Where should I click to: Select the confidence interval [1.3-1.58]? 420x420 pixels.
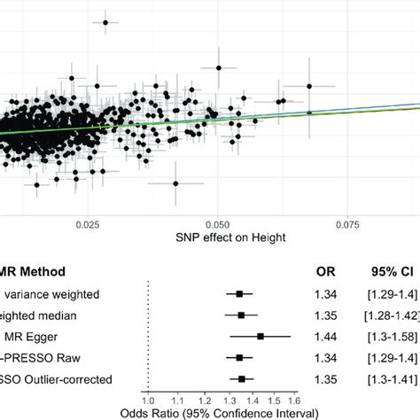387,337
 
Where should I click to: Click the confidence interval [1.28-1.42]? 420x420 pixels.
387,315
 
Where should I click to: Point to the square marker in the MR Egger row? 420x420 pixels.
261,337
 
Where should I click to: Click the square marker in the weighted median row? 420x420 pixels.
241,315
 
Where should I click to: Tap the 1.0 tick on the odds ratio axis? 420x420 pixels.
148,400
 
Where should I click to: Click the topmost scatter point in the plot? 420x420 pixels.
105,22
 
